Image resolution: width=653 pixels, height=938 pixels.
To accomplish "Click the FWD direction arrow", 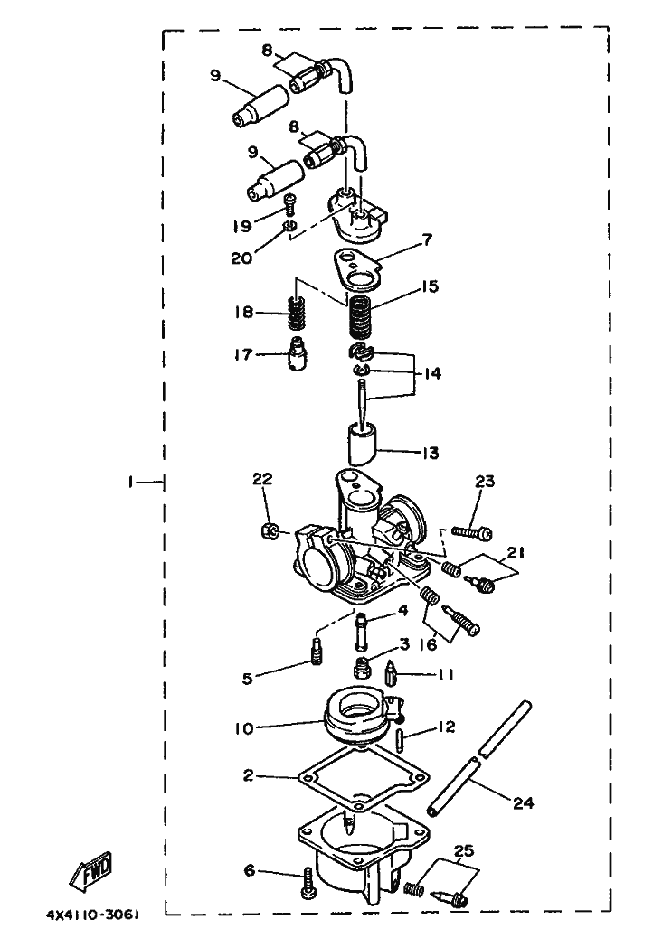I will coord(90,873).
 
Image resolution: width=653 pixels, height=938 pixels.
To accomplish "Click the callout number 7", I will coord(427,240).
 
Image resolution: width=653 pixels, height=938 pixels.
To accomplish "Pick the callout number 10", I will coord(252,727).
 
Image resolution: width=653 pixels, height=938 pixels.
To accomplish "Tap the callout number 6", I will coord(249,871).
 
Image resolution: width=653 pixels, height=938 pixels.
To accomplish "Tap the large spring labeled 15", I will coord(362,315).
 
